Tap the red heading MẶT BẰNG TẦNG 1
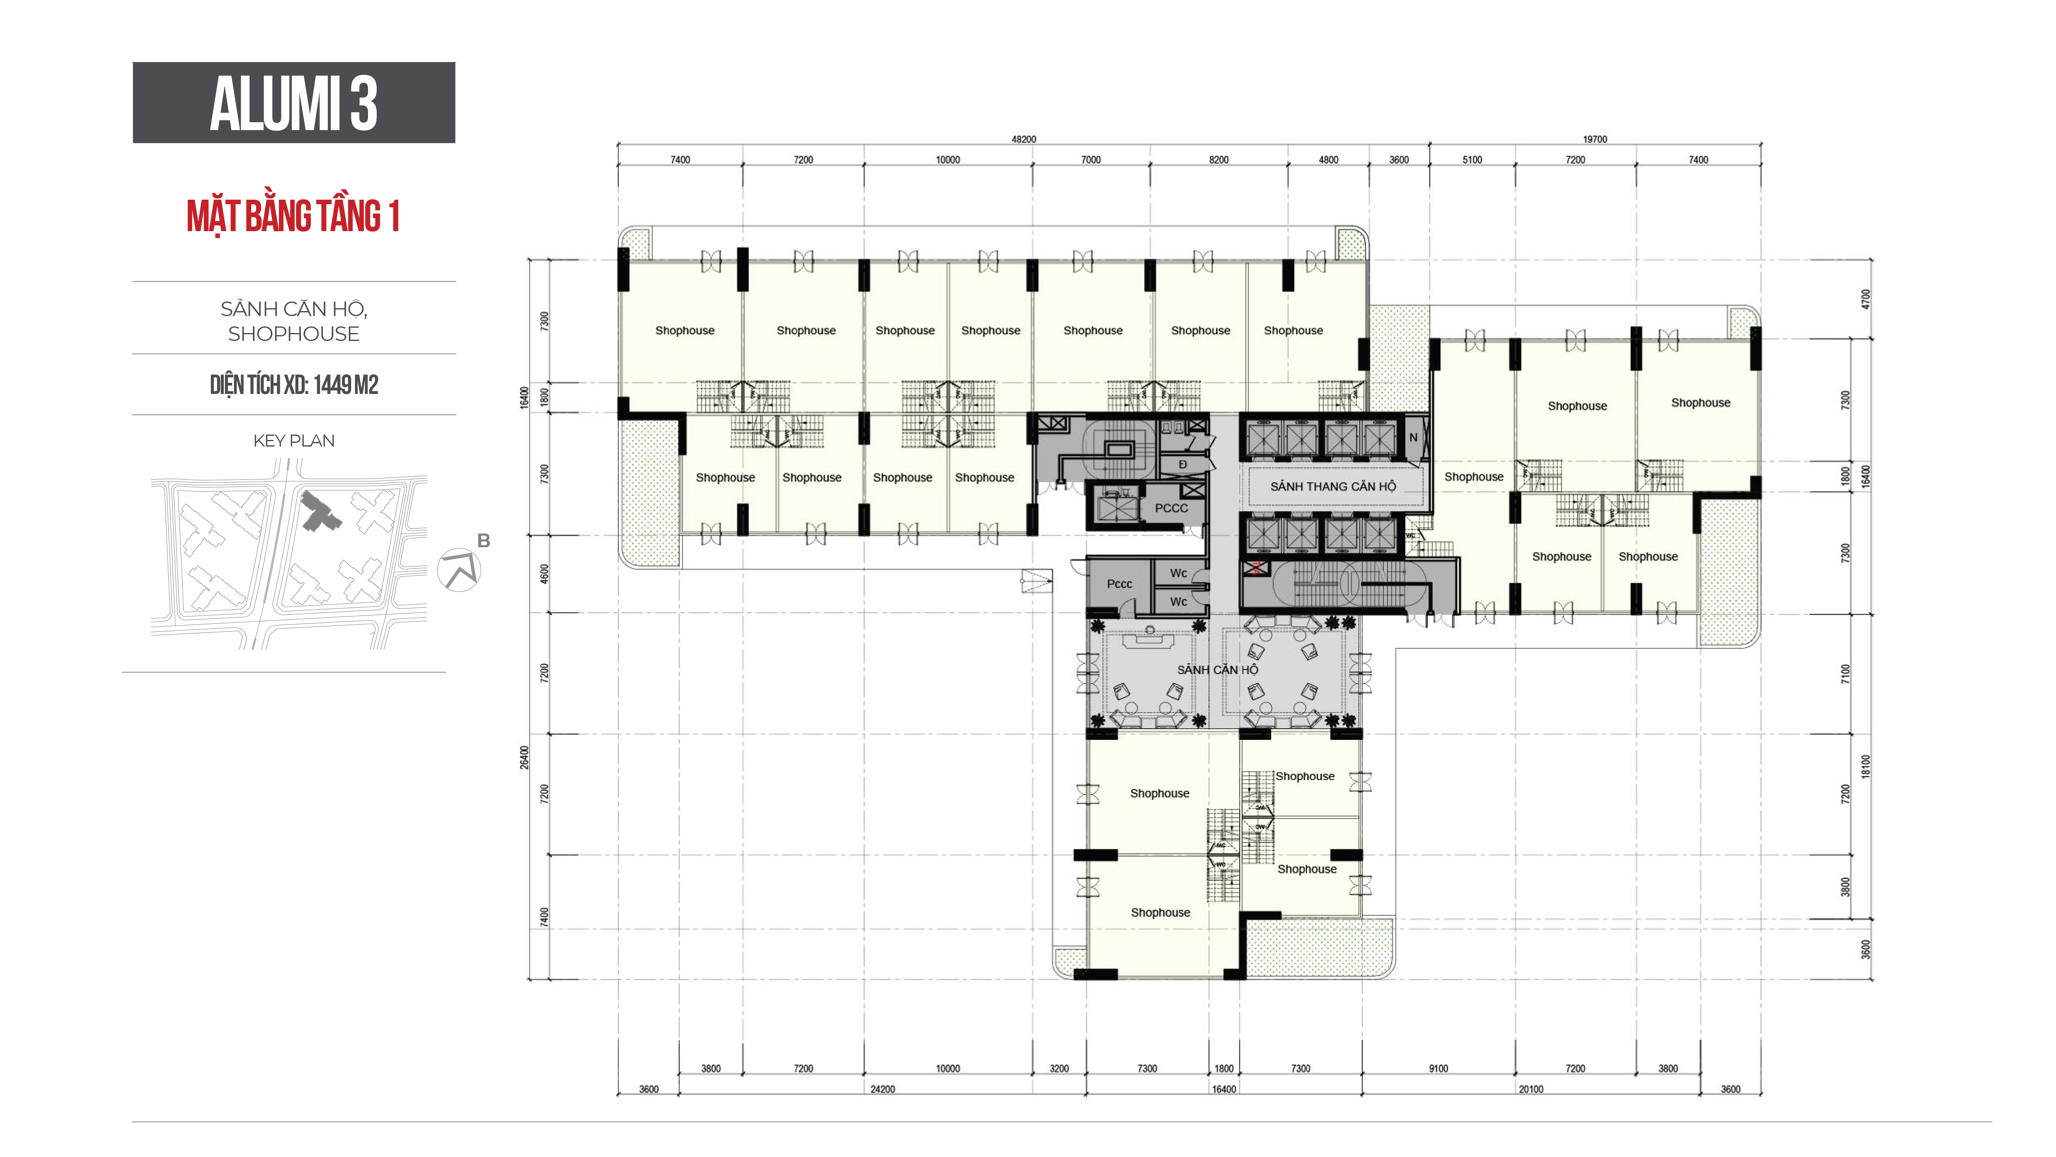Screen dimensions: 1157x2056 tap(293, 216)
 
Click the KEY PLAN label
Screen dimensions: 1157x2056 tap(294, 440)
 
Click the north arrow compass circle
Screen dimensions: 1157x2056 tap(459, 570)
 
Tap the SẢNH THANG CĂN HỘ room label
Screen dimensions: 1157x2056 tap(1333, 486)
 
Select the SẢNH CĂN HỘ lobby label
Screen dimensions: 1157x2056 tap(1217, 669)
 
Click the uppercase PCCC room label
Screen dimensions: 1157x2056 tap(1171, 507)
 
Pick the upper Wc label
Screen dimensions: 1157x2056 tap(1178, 573)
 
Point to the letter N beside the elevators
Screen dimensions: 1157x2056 tap(1413, 437)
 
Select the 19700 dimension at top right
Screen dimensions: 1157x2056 tap(1595, 139)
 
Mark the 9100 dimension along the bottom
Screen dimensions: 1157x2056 tap(1438, 1068)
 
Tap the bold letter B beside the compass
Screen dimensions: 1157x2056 tap(484, 541)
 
